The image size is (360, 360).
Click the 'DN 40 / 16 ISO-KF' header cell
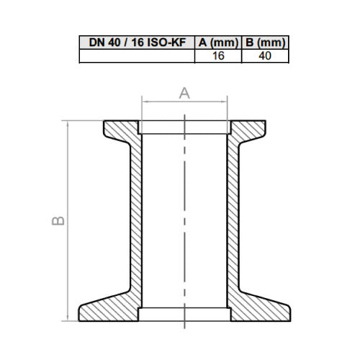pyautogui.click(x=137, y=42)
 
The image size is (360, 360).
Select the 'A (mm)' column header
pyautogui.click(x=218, y=42)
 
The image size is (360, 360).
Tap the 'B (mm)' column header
pyautogui.click(x=265, y=42)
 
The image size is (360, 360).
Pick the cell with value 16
pyautogui.click(x=218, y=56)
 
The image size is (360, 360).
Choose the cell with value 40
pyautogui.click(x=265, y=56)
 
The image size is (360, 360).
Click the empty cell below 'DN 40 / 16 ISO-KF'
pyautogui.click(x=137, y=56)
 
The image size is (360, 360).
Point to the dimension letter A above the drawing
pyautogui.click(x=184, y=94)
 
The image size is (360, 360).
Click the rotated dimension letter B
pyautogui.click(x=58, y=221)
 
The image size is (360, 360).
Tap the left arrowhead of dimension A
pyautogui.click(x=144, y=102)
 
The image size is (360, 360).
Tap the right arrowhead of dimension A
pyautogui.click(x=225, y=102)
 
